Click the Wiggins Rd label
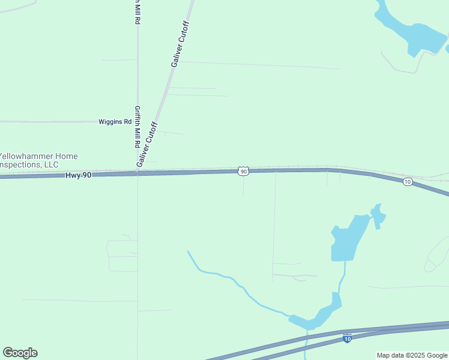(x=115, y=122)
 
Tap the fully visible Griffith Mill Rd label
(x=137, y=128)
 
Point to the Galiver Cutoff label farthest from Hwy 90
(x=179, y=44)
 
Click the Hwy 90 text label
(x=78, y=175)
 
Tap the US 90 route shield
(x=243, y=172)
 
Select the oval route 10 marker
(x=408, y=182)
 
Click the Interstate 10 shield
(x=348, y=338)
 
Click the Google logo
(x=20, y=353)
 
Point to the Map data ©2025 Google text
(x=412, y=355)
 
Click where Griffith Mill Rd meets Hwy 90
(x=137, y=173)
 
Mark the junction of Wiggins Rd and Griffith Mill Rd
(x=137, y=122)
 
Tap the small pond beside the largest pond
(x=378, y=216)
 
